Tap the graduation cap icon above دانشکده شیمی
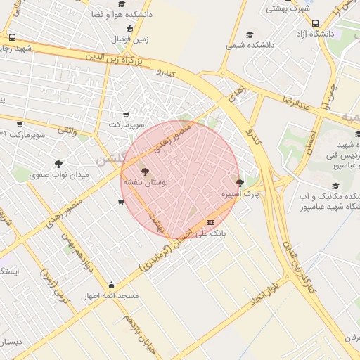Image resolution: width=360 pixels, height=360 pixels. [249, 34]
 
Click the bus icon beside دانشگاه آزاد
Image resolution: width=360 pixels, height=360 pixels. [315, 23]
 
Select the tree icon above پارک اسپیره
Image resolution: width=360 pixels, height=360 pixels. [240, 183]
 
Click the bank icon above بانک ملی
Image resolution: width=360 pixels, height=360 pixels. [210, 222]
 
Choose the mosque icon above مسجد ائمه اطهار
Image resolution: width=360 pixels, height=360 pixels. [111, 285]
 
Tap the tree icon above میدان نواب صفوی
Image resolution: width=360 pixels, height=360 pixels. [58, 163]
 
